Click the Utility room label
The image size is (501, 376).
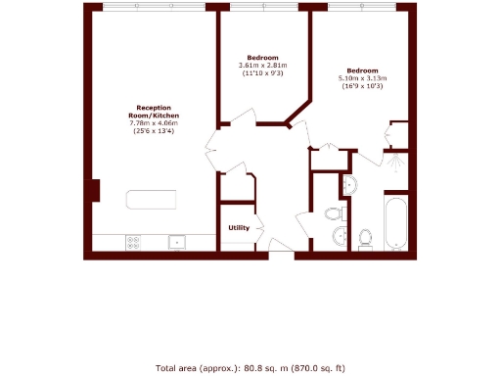(x=239, y=228)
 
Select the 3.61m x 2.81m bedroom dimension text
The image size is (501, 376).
(x=262, y=65)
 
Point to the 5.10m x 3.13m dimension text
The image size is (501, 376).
(x=362, y=78)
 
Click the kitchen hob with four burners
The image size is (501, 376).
(x=132, y=242)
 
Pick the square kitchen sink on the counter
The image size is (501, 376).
(x=177, y=242)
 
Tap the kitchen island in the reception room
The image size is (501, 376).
(x=152, y=200)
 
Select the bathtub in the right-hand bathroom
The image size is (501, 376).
(x=396, y=224)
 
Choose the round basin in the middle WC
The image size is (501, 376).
(x=340, y=235)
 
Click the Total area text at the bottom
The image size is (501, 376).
(x=250, y=368)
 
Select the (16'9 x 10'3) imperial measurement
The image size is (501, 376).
(x=362, y=86)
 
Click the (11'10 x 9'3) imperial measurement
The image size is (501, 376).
(x=262, y=72)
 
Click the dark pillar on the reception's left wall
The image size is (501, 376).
(x=95, y=190)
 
